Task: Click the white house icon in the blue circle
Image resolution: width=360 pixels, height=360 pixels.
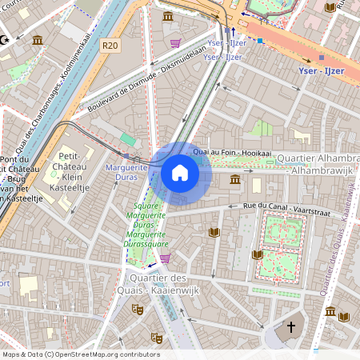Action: (180, 173)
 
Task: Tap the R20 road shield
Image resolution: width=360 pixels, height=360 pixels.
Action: (110, 46)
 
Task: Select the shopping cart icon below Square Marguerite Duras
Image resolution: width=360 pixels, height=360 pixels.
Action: (165, 258)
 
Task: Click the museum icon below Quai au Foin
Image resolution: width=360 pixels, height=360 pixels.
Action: (234, 178)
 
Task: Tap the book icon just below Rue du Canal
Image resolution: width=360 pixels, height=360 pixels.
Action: (214, 232)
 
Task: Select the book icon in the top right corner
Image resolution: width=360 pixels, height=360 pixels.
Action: (330, 7)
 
